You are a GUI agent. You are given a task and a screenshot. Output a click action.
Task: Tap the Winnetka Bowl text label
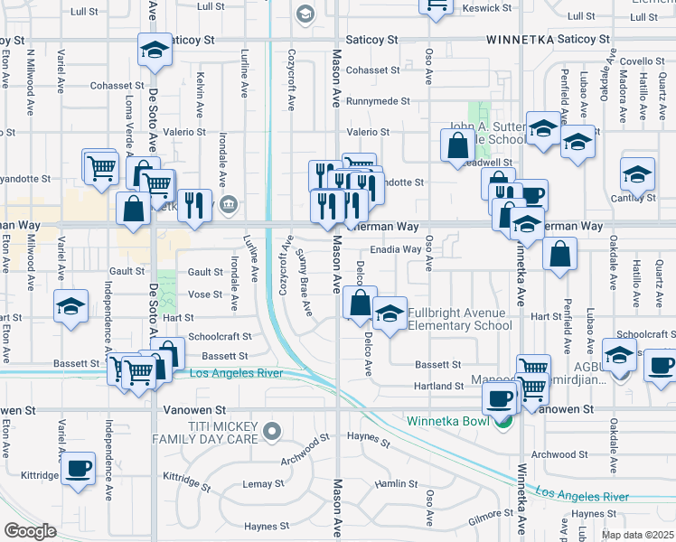446,421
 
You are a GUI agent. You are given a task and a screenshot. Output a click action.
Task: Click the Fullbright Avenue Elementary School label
459,320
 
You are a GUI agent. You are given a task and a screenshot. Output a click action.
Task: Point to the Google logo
30,531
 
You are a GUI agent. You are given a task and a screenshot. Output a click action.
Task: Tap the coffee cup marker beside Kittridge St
78,468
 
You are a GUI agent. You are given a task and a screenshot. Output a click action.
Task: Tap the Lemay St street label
264,484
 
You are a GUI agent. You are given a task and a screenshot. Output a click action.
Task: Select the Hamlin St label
393,484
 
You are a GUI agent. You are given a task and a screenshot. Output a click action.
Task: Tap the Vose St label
205,294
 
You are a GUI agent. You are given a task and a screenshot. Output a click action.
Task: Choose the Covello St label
643,61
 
